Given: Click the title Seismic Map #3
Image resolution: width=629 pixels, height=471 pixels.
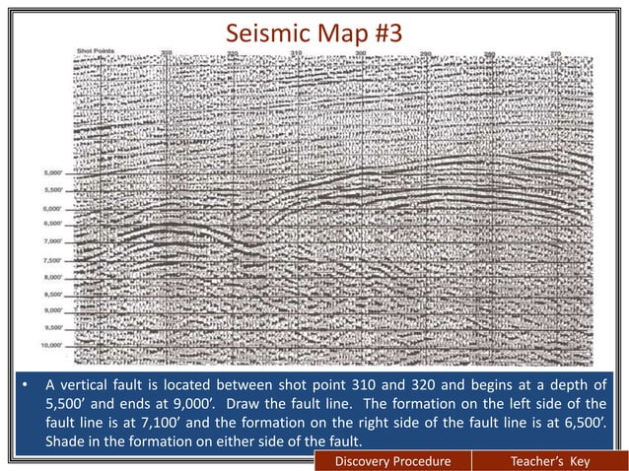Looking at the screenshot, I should [x=314, y=33].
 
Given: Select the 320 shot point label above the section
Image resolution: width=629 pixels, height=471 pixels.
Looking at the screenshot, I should [x=233, y=52].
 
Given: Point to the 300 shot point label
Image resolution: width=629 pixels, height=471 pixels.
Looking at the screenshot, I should [x=360, y=52].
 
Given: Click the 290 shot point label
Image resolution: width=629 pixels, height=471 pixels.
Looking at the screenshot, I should [x=425, y=52].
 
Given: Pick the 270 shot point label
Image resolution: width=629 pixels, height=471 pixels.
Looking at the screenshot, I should [x=555, y=52].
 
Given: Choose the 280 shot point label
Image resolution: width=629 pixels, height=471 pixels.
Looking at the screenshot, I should [x=490, y=52].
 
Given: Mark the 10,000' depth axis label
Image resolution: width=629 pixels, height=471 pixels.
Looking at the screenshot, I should [x=51, y=346].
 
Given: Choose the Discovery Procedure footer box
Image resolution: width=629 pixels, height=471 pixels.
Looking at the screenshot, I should [x=391, y=461].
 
